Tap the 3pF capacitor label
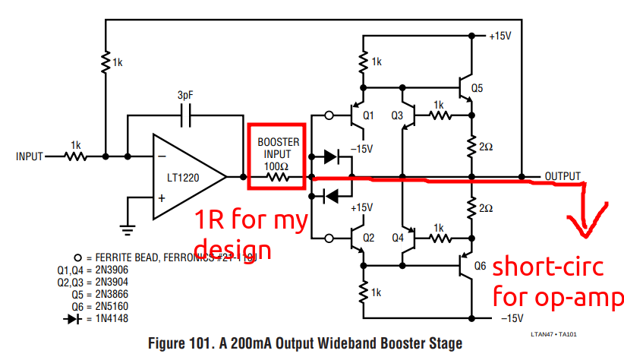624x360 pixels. [185, 96]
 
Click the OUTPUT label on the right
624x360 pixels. [563, 176]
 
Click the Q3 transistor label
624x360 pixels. [397, 115]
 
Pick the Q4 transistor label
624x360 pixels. [396, 237]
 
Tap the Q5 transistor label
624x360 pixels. [477, 88]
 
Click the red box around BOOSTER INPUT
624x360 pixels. [277, 156]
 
